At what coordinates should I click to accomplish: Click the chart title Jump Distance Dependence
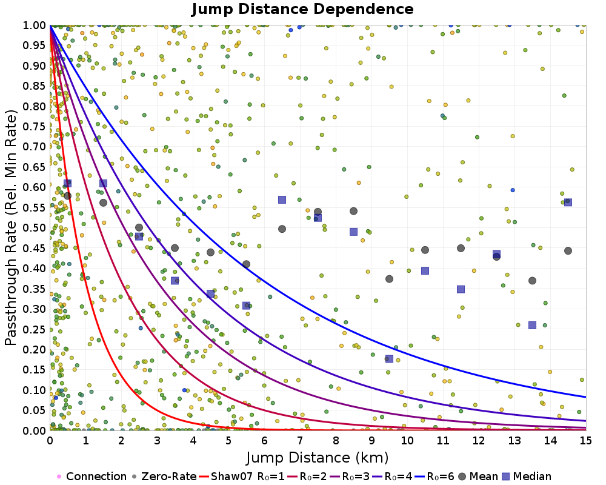click(x=302, y=9)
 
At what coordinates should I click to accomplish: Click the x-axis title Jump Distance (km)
click(x=318, y=458)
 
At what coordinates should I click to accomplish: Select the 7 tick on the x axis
click(x=299, y=441)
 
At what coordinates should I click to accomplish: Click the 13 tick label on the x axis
click(x=514, y=441)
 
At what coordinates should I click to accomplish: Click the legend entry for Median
click(x=527, y=476)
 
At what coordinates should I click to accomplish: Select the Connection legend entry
click(x=92, y=476)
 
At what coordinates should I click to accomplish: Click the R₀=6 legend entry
click(x=434, y=476)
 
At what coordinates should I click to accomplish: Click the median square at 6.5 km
click(x=282, y=199)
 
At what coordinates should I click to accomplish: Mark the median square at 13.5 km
click(x=532, y=326)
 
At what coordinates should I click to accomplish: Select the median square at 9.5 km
click(x=389, y=359)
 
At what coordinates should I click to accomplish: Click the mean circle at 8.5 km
click(x=354, y=211)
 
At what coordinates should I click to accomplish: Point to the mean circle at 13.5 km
click(x=532, y=281)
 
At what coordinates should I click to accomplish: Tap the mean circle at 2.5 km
click(x=139, y=227)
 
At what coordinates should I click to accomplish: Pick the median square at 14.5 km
click(x=568, y=202)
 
